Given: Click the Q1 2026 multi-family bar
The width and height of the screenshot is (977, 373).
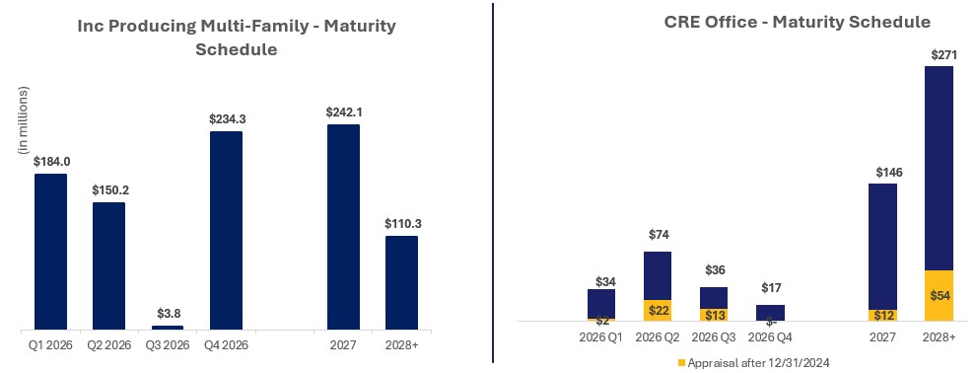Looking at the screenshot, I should (50, 252).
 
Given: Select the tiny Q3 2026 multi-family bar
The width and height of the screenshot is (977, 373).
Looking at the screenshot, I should (167, 327).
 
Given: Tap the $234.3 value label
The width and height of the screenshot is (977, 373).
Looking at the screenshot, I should (226, 118).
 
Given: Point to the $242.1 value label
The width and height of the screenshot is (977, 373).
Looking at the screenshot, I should (343, 112).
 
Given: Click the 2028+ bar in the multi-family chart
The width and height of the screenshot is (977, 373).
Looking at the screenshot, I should (401, 282).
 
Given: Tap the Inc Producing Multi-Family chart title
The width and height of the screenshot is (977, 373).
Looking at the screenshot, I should (237, 37).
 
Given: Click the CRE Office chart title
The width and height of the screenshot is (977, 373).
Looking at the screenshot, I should (797, 21).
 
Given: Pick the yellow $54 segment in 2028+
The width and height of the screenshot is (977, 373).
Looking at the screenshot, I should (940, 295).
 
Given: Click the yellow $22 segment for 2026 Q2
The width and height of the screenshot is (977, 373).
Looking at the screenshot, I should (658, 311).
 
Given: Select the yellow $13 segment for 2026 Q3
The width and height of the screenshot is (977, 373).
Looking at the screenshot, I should (714, 315).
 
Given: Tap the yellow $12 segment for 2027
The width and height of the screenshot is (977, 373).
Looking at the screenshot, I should (882, 315).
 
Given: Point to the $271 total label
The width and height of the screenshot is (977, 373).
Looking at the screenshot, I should (940, 55).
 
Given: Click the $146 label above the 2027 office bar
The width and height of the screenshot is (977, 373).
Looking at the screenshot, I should (882, 172).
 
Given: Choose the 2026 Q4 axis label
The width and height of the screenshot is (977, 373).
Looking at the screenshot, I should (769, 336).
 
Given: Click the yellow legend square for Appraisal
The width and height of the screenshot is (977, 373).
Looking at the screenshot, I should (680, 362).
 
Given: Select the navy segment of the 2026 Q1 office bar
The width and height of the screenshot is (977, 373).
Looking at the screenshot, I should (601, 303).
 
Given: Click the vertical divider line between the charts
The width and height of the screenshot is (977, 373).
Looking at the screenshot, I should (492, 183).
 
